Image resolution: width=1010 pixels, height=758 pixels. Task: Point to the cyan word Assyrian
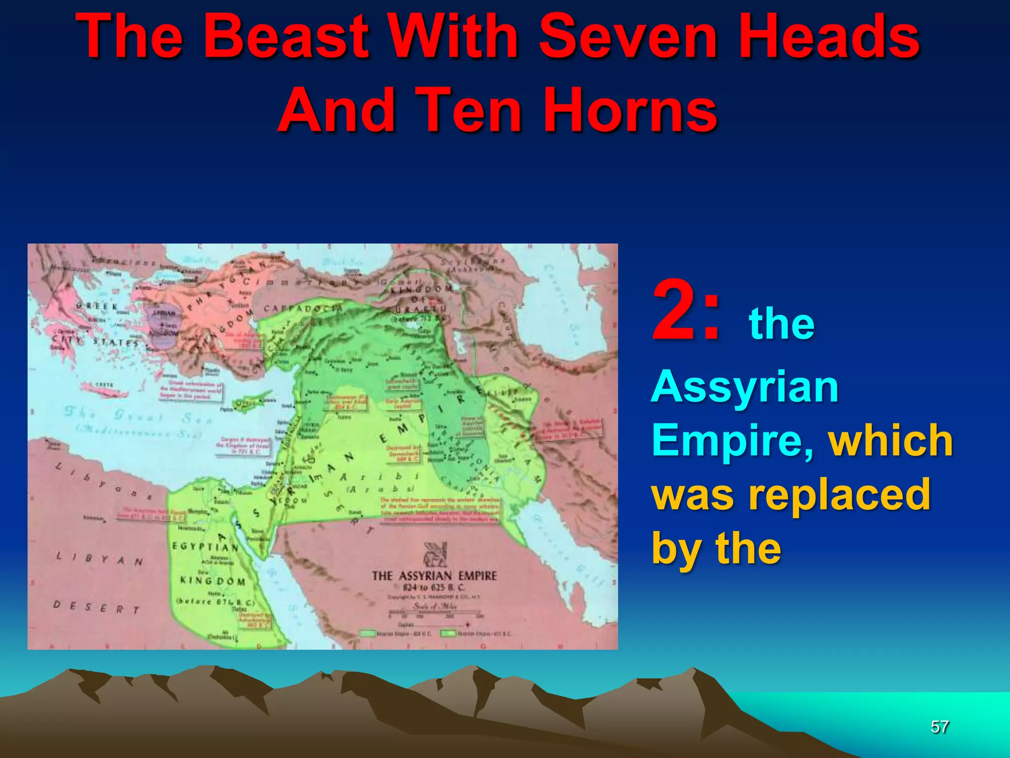[745, 387]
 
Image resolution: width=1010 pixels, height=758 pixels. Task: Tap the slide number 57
[939, 727]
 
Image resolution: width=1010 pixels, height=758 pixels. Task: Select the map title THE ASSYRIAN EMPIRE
[434, 576]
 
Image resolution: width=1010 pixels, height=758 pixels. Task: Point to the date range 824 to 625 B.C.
[433, 588]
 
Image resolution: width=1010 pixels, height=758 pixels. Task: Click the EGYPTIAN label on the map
[205, 546]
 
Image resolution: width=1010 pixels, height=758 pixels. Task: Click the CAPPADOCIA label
[303, 308]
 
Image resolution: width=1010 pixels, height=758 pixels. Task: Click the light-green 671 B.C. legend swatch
[448, 634]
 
